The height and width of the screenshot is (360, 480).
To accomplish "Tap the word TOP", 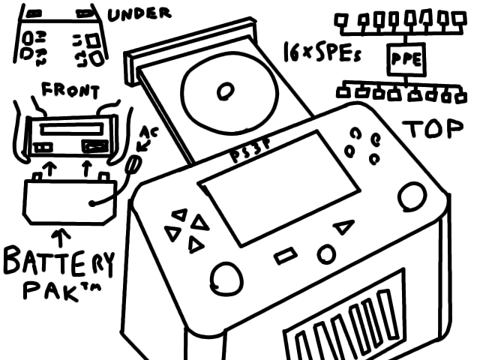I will tap(431, 128).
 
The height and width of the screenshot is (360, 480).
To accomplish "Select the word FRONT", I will tap(70, 91).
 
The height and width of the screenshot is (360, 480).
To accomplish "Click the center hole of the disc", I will tap(223, 92).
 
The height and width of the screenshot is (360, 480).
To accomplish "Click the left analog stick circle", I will tap(226, 278).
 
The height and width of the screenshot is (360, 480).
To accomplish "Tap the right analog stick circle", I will tap(411, 196).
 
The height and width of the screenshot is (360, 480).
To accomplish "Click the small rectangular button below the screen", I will tap(286, 257).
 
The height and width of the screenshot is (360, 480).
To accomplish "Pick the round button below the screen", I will tap(325, 254).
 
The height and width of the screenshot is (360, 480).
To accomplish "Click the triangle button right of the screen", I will tap(343, 226).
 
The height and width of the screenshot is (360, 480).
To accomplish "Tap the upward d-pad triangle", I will tap(178, 214).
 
